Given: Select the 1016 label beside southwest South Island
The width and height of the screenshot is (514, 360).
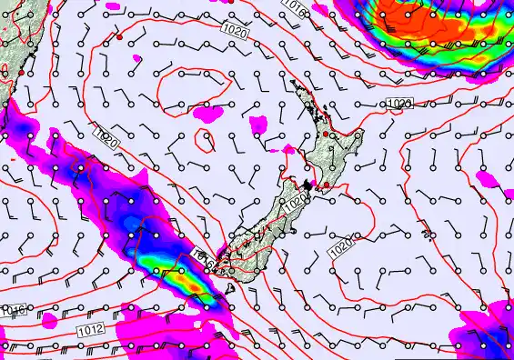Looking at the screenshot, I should point(205,263).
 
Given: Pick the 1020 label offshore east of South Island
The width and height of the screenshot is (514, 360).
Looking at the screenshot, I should point(340,246).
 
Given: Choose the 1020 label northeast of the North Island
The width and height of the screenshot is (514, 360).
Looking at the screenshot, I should point(398,104).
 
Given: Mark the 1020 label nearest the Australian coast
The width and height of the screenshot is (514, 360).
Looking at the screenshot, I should point(103,136).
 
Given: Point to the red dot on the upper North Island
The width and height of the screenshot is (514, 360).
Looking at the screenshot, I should point(326,135).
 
